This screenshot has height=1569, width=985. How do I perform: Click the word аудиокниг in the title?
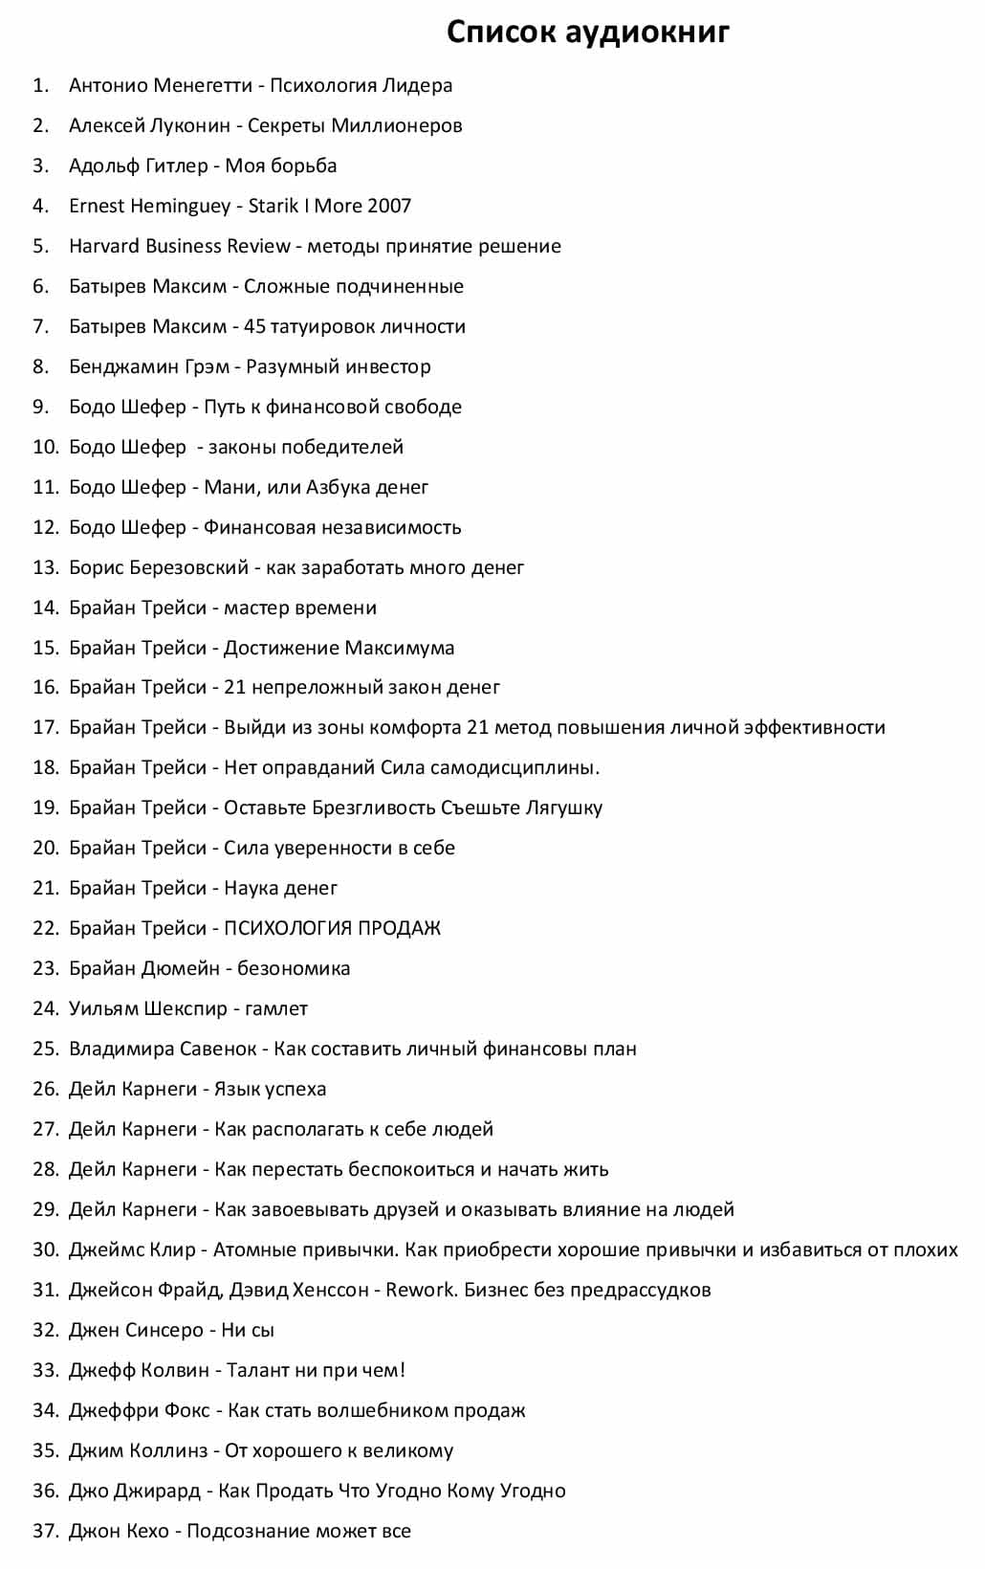[x=647, y=33]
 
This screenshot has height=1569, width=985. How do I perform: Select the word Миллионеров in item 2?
[x=402, y=125]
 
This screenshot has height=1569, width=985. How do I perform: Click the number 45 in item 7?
[x=254, y=326]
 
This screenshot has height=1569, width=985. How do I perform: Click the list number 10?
[x=45, y=447]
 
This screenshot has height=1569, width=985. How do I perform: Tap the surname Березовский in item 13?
[x=186, y=567]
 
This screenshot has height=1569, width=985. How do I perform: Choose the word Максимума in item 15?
[x=400, y=648]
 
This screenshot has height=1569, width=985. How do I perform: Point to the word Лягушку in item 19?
[x=564, y=807]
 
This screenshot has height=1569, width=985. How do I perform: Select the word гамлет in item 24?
[x=276, y=1008]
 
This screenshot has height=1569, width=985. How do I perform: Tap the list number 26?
[x=45, y=1089]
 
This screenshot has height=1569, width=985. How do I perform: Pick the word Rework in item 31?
[x=421, y=1290]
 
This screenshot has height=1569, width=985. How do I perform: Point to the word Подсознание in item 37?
[x=244, y=1531]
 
